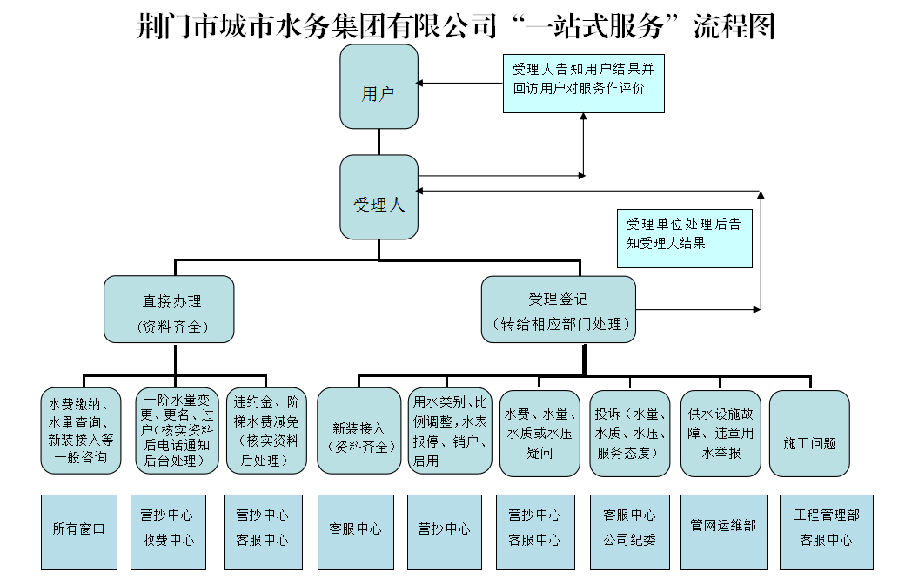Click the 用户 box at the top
(379, 87)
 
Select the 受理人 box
(379, 198)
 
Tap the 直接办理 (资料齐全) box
(169, 309)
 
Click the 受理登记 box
(558, 309)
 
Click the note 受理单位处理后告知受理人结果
(684, 238)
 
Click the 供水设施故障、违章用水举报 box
(721, 434)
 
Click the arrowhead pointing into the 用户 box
(420, 84)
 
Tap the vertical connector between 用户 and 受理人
(379, 142)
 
